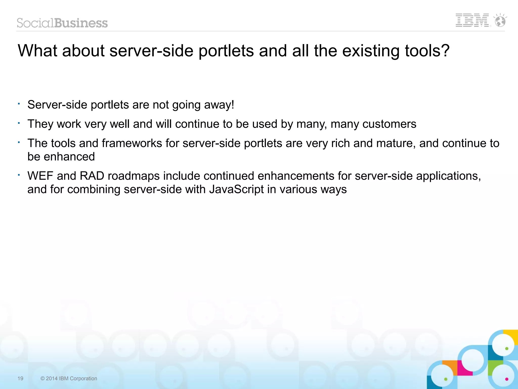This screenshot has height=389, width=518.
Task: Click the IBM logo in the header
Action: click(x=472, y=20)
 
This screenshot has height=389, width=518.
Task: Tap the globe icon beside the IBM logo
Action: click(x=500, y=20)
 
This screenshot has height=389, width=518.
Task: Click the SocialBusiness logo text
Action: click(x=62, y=23)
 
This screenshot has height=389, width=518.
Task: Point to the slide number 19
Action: click(x=20, y=378)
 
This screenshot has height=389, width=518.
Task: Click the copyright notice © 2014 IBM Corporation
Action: click(x=69, y=378)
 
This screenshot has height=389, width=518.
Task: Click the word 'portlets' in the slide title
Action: click(x=226, y=51)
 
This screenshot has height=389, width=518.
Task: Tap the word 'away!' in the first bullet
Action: click(x=219, y=105)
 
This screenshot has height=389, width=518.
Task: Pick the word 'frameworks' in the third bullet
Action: click(x=132, y=143)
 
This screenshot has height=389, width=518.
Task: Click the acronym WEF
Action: click(x=40, y=176)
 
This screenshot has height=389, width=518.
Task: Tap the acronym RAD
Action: click(x=92, y=176)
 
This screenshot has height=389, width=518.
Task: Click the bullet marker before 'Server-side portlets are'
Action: click(x=19, y=104)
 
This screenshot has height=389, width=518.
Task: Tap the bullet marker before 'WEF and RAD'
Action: click(x=19, y=175)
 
